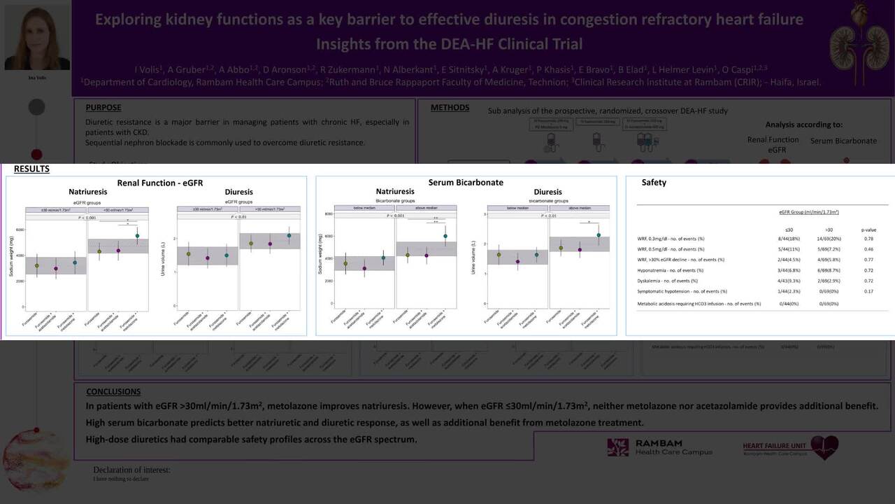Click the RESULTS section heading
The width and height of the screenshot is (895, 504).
pyautogui.click(x=31, y=169)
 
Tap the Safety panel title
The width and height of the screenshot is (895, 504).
pyautogui.click(x=654, y=183)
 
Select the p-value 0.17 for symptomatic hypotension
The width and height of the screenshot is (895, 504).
pyautogui.click(x=868, y=291)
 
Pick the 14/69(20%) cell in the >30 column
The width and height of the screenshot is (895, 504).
pyautogui.click(x=829, y=239)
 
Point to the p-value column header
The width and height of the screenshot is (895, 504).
pyautogui.click(x=868, y=230)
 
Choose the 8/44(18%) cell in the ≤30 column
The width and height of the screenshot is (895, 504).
pyautogui.click(x=789, y=239)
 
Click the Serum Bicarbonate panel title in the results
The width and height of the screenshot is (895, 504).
pyautogui.click(x=466, y=183)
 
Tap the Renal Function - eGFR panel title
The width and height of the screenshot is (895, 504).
pyautogui.click(x=159, y=183)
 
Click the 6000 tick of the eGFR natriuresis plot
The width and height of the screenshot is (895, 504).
pyautogui.click(x=20, y=230)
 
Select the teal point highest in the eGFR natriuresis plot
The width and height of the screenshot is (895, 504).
pyautogui.click(x=137, y=236)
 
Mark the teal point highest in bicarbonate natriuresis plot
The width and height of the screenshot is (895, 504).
pyautogui.click(x=445, y=236)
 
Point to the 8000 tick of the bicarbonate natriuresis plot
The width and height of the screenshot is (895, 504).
pyautogui.click(x=329, y=213)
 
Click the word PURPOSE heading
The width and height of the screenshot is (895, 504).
pyautogui.click(x=103, y=108)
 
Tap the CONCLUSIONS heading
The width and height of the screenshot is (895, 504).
pyautogui.click(x=113, y=391)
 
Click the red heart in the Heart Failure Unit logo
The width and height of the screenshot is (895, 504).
pyautogui.click(x=824, y=446)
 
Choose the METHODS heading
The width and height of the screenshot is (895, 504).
pyautogui.click(x=450, y=108)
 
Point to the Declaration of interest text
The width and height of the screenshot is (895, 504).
pyautogui.click(x=131, y=470)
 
